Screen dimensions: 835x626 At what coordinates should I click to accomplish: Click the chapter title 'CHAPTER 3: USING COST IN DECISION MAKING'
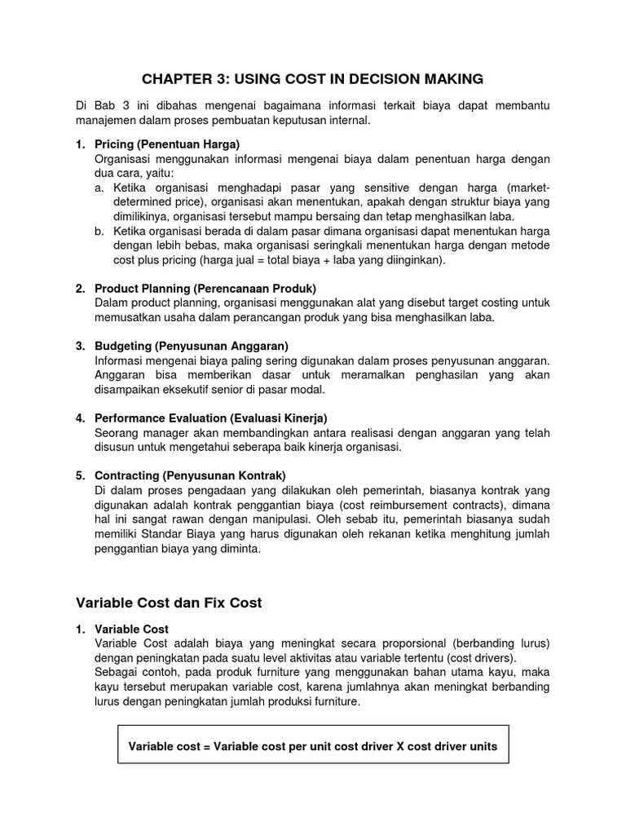coord(313,78)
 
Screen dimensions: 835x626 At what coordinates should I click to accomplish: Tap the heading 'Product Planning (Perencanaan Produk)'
coord(205,289)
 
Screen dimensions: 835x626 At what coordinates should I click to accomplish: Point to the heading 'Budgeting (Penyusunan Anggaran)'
coord(192,346)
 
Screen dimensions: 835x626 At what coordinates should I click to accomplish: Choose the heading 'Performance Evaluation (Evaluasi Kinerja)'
coord(211,417)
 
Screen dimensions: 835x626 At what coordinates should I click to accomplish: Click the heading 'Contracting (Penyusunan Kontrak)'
coord(191,475)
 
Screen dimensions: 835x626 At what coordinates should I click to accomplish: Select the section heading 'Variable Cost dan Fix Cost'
coord(169,603)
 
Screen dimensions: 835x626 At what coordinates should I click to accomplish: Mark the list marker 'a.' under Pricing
coord(99,188)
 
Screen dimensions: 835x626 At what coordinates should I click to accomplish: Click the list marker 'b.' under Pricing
coord(99,231)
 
